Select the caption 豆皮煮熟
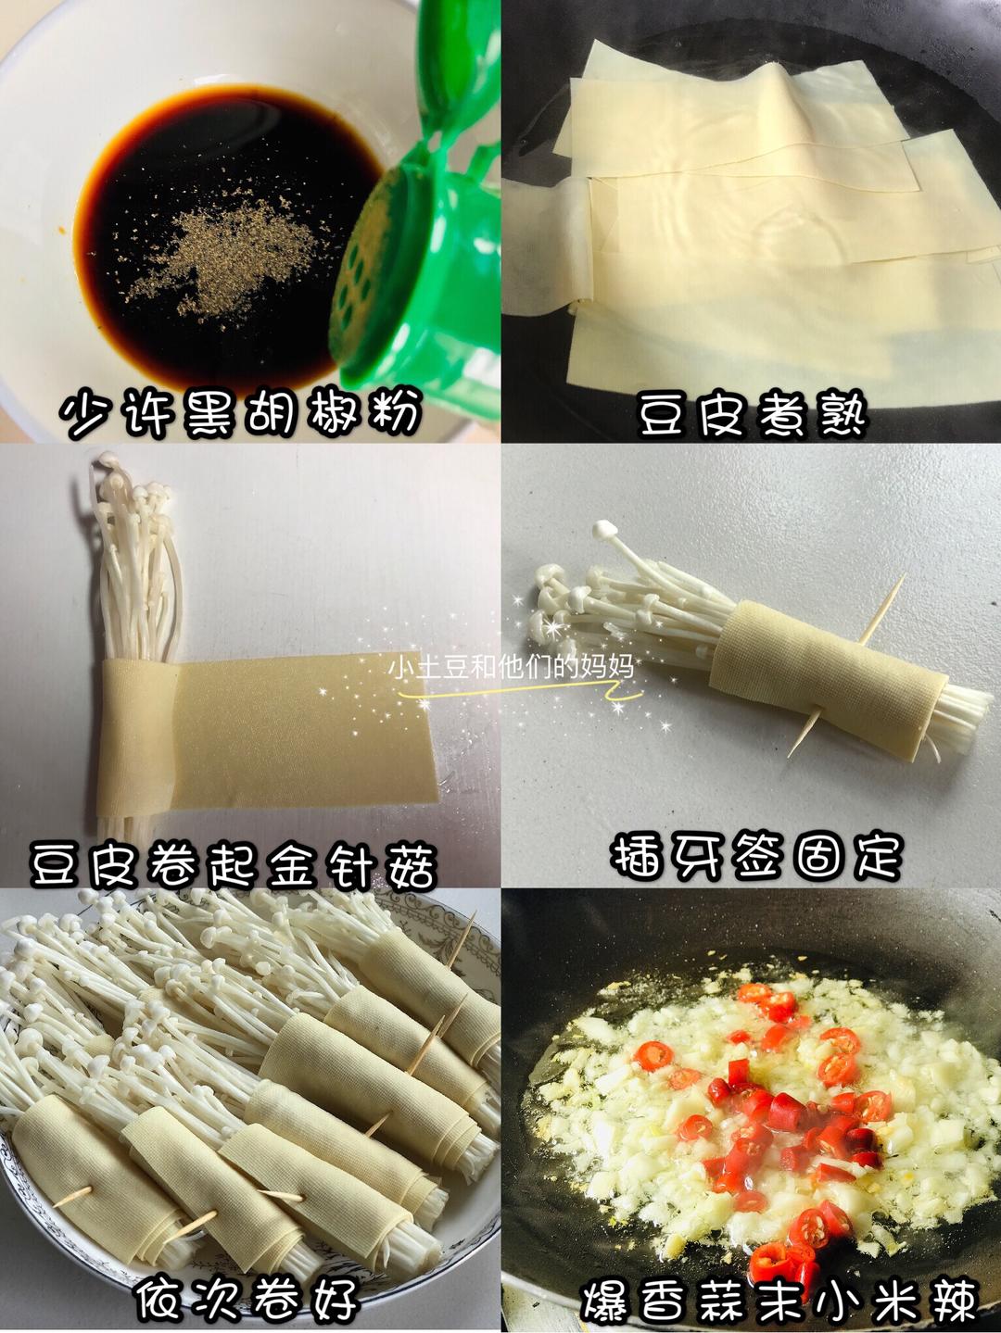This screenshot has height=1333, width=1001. [x=752, y=414]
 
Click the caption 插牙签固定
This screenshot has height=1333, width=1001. [x=756, y=854]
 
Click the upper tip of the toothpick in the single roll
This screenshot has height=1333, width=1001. [x=901, y=578]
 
